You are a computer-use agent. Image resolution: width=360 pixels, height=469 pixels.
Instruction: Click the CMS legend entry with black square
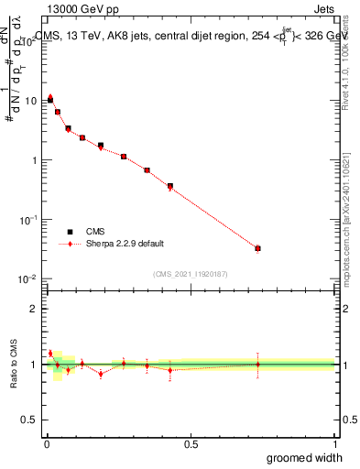point(101,232)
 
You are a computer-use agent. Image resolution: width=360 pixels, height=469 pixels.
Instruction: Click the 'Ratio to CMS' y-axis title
point(14,363)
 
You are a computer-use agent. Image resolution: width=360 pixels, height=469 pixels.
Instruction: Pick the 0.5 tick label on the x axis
point(191,443)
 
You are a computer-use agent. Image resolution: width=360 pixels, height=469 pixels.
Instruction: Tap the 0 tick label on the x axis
point(46,443)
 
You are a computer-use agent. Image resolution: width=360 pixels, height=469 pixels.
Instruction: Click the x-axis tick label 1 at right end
point(334,443)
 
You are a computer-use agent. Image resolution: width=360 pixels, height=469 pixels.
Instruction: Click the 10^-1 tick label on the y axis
point(29,220)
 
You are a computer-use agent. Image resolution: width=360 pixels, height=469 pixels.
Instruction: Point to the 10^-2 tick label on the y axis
point(29,279)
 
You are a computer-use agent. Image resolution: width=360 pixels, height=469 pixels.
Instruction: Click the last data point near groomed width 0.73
point(258,248)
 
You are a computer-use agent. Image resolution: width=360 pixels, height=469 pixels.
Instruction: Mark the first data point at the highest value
point(50,98)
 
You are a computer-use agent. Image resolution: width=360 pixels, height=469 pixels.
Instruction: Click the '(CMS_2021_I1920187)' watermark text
point(191,273)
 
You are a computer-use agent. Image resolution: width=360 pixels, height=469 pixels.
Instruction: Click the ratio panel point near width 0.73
point(258,364)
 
